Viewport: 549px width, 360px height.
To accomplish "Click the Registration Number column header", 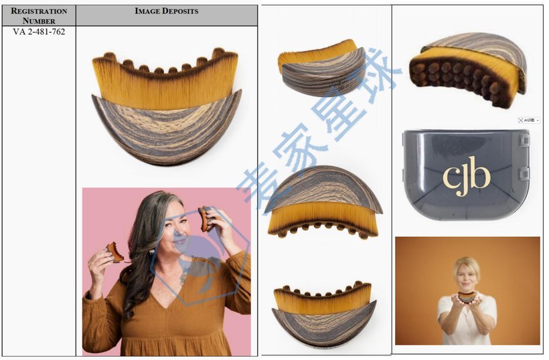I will coord(39,15).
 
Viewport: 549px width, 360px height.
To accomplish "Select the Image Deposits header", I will coord(166,11).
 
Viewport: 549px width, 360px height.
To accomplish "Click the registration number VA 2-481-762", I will coord(39,31).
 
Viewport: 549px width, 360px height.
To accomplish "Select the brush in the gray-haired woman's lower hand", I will coord(115,252).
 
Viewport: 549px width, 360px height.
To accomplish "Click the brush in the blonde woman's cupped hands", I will coord(467,296).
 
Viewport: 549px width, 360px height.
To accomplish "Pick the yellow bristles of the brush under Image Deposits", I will coord(165,84).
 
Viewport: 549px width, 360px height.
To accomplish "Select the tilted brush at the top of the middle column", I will coord(322,68).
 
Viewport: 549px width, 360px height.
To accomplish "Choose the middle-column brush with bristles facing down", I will coord(324,201).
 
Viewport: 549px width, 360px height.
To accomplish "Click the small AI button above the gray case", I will coord(528,120).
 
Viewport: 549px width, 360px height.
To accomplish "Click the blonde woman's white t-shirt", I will coord(467,321).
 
